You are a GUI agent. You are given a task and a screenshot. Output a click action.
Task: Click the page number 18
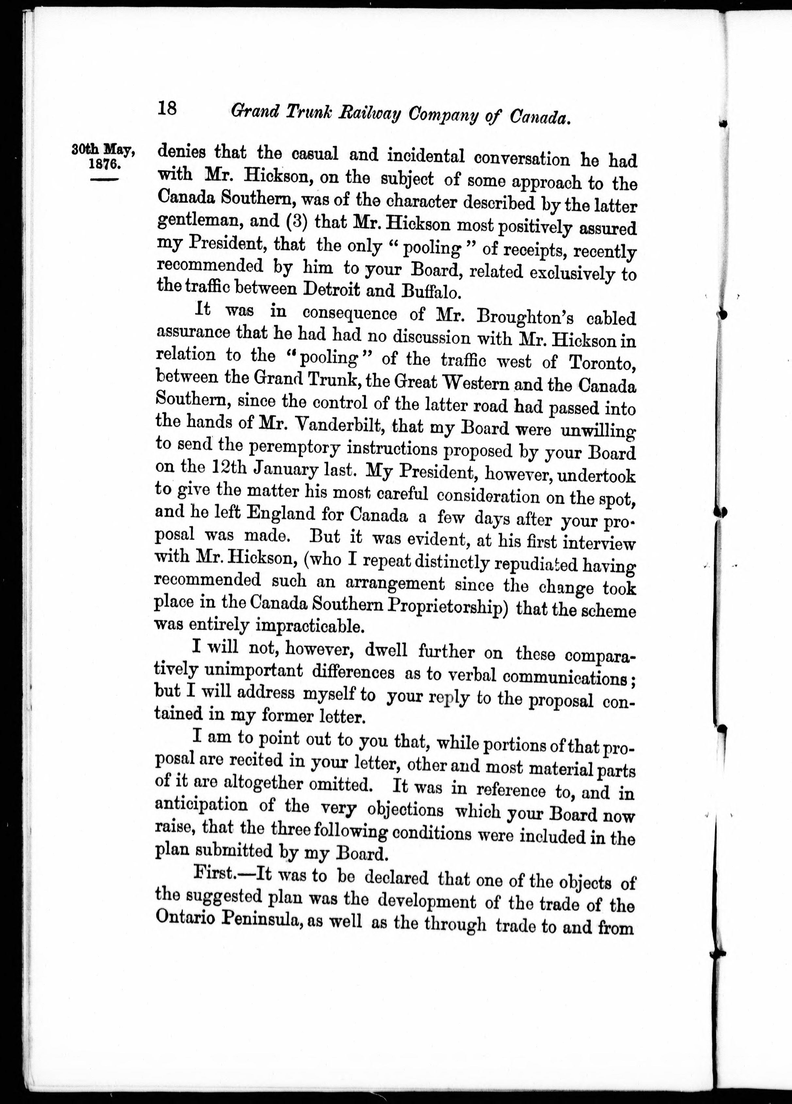[167, 108]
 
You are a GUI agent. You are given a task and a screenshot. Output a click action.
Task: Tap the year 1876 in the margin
[104, 164]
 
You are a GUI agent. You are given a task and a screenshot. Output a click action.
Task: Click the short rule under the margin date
[104, 180]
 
